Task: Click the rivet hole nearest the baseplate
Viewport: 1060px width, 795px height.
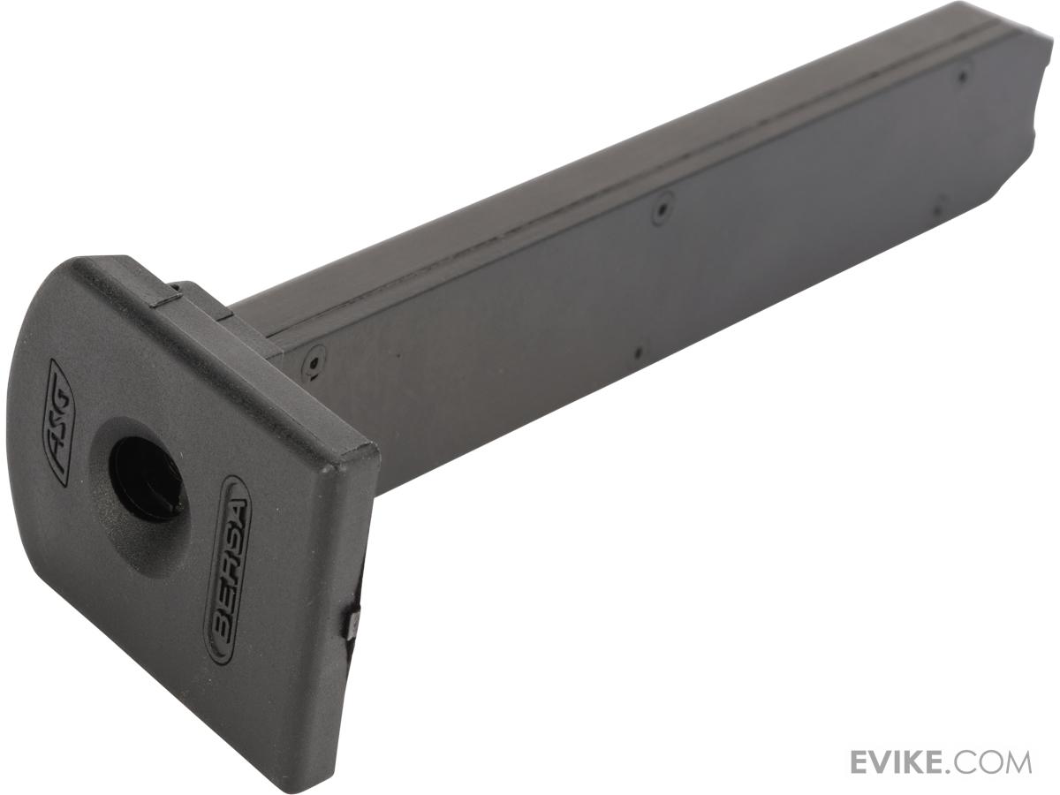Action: (314, 361)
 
